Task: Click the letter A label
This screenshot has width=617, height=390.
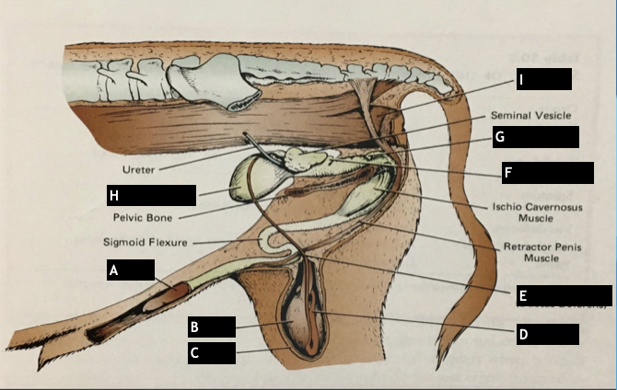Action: (113, 270)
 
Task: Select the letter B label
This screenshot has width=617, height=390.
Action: (194, 327)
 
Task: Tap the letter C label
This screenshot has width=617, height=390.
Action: (194, 352)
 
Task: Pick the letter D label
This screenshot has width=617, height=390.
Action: (523, 334)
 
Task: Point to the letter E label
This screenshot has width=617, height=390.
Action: (522, 296)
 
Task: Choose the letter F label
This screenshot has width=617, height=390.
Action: (508, 172)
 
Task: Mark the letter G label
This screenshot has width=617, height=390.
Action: (500, 137)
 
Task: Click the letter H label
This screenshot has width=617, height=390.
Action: (114, 195)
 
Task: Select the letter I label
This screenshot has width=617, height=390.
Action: (521, 80)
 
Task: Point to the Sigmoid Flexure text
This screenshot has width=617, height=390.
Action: (146, 243)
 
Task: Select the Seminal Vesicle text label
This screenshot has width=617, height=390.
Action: (531, 115)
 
